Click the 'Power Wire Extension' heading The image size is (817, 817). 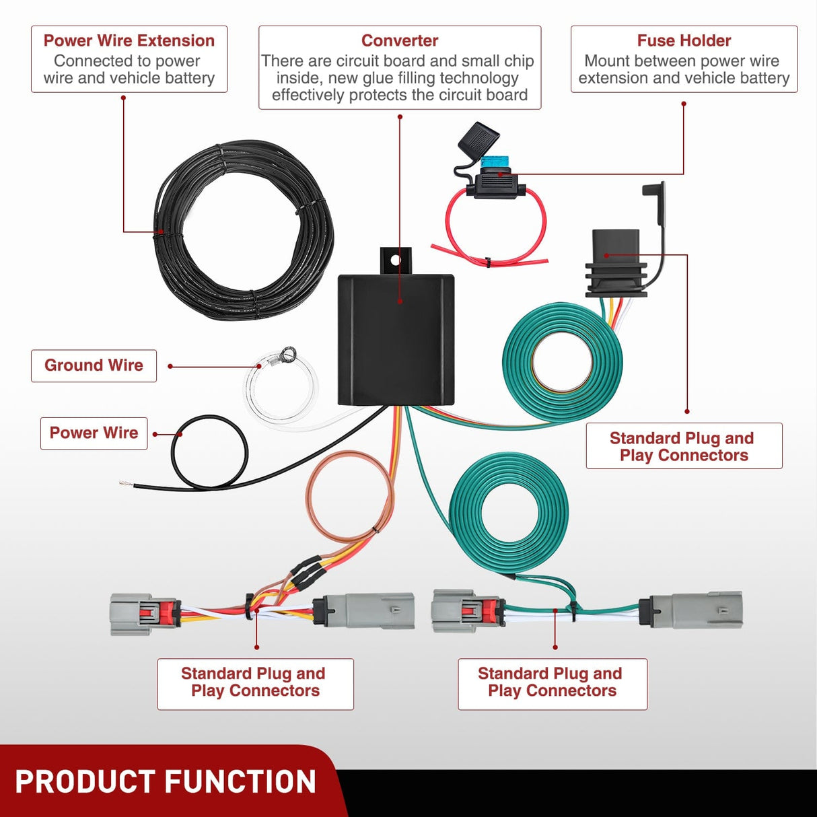click(129, 40)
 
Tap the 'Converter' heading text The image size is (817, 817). click(400, 40)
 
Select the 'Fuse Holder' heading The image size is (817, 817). click(684, 40)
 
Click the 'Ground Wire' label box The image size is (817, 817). click(94, 365)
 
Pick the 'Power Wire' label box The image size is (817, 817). click(94, 433)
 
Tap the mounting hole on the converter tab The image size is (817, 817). click(395, 259)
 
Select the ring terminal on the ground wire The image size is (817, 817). click(289, 353)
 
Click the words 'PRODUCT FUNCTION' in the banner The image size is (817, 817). click(166, 782)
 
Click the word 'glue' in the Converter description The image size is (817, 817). click(382, 78)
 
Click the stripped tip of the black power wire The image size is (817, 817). click(124, 483)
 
